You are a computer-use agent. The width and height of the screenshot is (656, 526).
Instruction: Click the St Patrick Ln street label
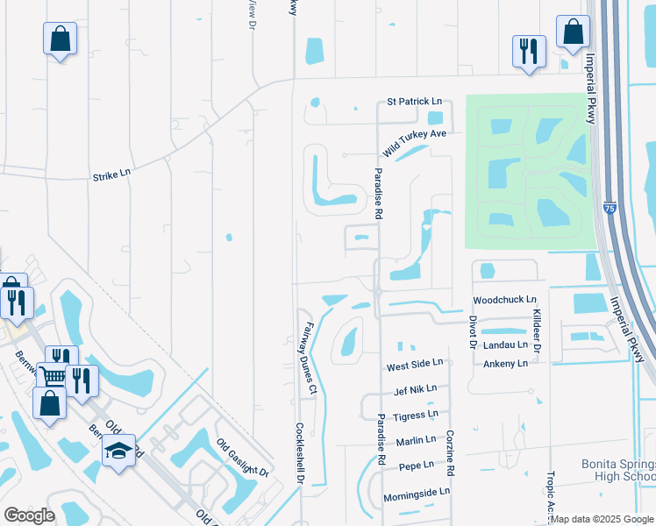click(x=412, y=102)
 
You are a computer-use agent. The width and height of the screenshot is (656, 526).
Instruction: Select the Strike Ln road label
click(x=111, y=174)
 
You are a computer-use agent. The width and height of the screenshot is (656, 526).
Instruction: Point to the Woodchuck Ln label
click(x=504, y=300)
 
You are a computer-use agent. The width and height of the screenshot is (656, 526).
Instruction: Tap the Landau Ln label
click(x=505, y=345)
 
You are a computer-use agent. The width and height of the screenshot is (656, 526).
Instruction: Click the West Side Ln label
click(x=416, y=362)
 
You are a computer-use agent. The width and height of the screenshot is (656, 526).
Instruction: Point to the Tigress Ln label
click(x=417, y=415)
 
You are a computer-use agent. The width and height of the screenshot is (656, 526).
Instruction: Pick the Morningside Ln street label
click(x=416, y=493)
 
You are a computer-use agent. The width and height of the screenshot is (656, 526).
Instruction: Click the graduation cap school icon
click(x=118, y=451)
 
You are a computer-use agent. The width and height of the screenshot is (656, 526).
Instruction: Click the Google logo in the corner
click(x=29, y=515)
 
